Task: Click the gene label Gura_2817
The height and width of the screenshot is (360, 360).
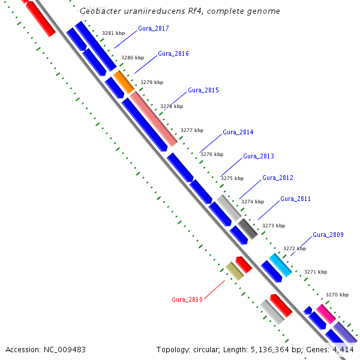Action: tap(154, 28)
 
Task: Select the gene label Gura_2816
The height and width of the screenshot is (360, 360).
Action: tap(173, 53)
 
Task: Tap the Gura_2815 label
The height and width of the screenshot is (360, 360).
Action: tap(203, 90)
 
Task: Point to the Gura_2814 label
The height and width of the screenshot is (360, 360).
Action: tap(238, 132)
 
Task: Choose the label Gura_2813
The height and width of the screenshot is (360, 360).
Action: tap(259, 156)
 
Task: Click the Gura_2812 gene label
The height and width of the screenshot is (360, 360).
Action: tap(278, 178)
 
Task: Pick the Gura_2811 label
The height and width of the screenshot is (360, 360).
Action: tap(296, 199)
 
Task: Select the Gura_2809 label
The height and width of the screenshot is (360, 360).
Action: tap(328, 235)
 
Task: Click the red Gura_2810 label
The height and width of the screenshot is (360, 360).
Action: tap(187, 299)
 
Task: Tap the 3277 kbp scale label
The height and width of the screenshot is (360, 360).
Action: tap(192, 130)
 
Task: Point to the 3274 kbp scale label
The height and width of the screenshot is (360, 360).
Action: tap(253, 202)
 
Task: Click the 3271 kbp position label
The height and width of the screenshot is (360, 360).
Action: tap(316, 272)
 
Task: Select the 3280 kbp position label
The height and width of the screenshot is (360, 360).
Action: tap(133, 58)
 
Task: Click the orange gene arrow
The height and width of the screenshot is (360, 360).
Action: tap(124, 81)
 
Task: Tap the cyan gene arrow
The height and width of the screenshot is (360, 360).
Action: tap(280, 265)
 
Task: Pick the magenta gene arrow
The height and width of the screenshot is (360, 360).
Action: tap(326, 314)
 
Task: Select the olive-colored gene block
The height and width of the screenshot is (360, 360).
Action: tap(235, 271)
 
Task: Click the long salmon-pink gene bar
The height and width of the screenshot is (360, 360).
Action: tap(154, 118)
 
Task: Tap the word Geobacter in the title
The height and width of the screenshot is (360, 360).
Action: tap(100, 11)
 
